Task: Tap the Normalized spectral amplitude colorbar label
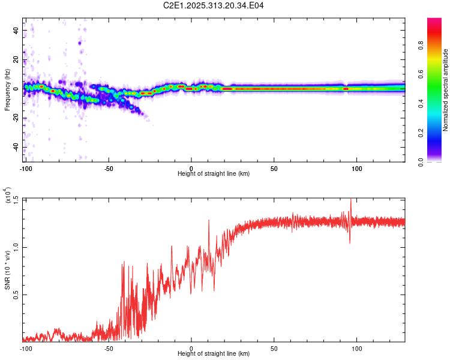pos(446,90)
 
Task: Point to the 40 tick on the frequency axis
pos(16,30)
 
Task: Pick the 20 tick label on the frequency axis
pos(16,59)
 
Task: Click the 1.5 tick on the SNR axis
pos(16,199)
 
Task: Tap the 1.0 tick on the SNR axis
pos(16,247)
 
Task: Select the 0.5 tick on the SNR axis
pos(16,295)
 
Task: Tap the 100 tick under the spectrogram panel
pos(357,167)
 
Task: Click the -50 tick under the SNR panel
pos(109,348)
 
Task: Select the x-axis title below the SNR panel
pos(214,354)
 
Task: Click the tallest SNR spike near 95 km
pos(351,200)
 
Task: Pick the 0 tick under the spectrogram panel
pos(191,167)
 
